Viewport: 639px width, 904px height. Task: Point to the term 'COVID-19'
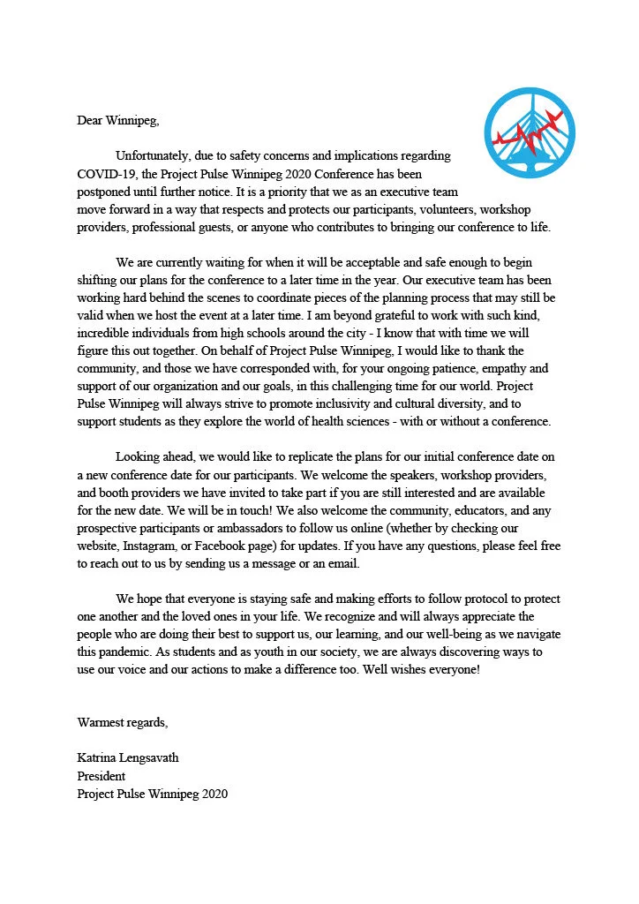[x=104, y=172]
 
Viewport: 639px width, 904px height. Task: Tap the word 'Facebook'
[x=228, y=548]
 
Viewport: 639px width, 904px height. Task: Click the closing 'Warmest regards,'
[x=122, y=723]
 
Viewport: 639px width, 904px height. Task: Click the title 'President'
[x=101, y=777]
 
